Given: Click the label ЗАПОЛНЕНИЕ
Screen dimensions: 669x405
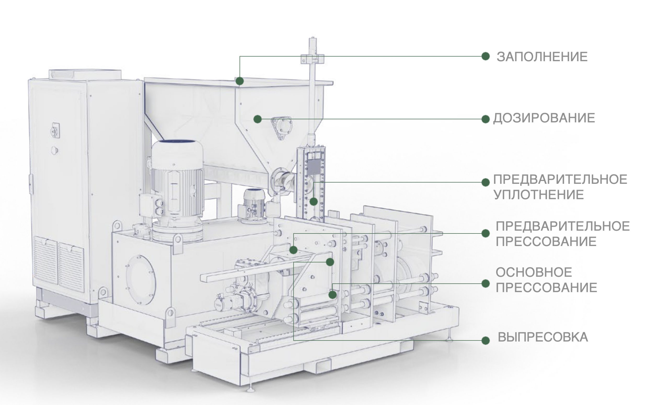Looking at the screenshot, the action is click(x=542, y=57).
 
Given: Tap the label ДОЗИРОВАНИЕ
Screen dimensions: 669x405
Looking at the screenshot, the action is click(x=544, y=118).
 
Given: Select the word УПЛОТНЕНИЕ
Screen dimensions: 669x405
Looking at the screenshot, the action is click(x=539, y=195).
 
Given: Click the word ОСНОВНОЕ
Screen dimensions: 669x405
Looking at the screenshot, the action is click(x=534, y=272).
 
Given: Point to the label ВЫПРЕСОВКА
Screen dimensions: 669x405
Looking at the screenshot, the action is click(x=543, y=337).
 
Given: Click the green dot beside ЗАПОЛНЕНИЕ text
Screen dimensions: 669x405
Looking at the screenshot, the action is click(x=486, y=56).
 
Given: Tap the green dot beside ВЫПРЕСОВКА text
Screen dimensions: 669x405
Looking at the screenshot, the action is click(x=486, y=340).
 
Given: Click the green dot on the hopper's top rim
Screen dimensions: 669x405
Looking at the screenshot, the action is click(x=239, y=81).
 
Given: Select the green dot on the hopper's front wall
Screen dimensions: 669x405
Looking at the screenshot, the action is click(x=257, y=119).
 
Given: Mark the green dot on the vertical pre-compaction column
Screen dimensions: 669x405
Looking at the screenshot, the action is click(x=314, y=202).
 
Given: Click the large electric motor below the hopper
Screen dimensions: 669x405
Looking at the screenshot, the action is click(x=176, y=190).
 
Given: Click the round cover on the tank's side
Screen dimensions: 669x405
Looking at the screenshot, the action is click(x=141, y=280).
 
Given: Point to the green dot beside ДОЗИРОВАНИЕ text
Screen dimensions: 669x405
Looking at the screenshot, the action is click(x=486, y=119).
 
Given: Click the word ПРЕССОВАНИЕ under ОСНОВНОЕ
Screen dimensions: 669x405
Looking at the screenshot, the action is click(x=546, y=288).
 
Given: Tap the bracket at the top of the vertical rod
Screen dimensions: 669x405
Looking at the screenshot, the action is click(x=312, y=59).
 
